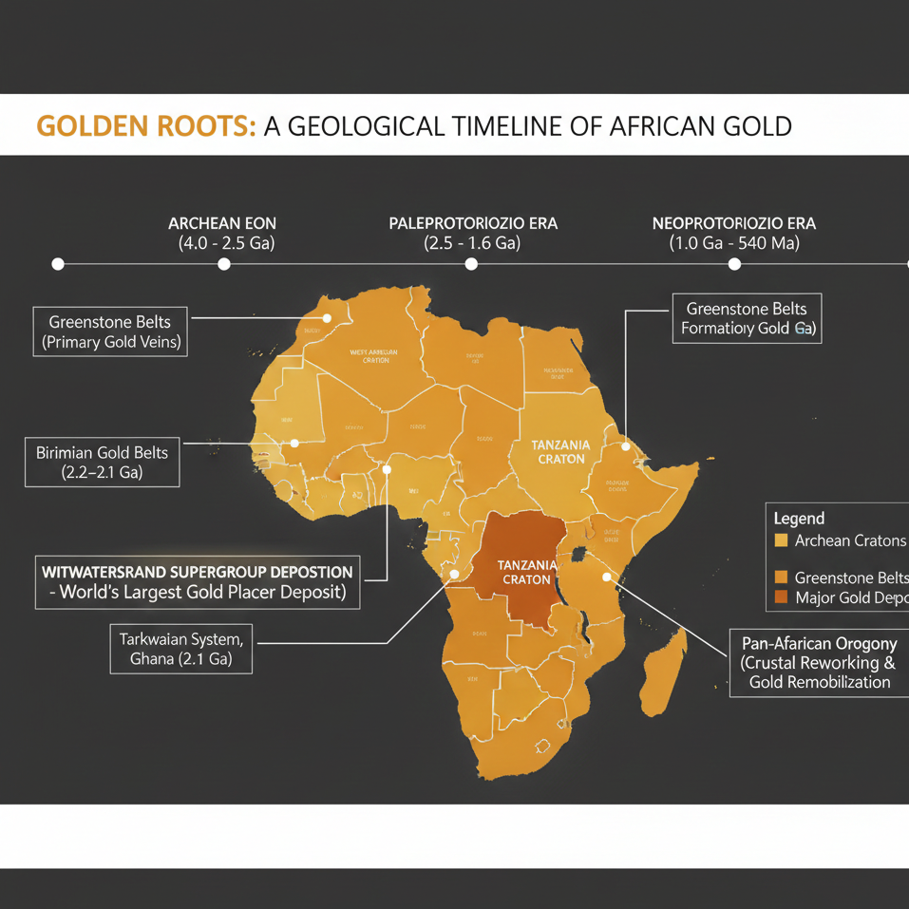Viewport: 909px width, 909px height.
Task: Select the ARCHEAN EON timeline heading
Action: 222,223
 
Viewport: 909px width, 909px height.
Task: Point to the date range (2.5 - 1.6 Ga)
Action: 472,243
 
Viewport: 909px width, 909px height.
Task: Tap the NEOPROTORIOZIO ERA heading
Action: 733,223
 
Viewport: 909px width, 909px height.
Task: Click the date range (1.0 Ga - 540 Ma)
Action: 733,243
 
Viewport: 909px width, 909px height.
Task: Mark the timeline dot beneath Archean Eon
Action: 223,264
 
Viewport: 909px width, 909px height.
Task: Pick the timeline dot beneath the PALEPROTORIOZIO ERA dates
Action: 471,264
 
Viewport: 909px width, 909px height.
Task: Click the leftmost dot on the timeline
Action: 58,264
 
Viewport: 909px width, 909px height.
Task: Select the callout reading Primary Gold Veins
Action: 110,331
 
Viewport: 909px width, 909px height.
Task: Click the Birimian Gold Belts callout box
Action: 102,461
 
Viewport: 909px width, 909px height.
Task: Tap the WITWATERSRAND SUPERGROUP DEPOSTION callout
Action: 198,582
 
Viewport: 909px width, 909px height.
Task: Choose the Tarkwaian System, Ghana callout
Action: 180,648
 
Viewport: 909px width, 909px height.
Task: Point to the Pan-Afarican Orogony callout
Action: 819,662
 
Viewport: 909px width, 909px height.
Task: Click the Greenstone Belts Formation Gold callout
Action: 746,318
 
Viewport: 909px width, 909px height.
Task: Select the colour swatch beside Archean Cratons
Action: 782,540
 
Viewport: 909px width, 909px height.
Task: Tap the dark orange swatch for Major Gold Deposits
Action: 782,597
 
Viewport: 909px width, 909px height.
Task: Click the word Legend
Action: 799,519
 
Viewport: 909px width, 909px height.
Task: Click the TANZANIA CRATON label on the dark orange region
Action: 525,572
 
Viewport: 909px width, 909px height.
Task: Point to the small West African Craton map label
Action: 373,355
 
